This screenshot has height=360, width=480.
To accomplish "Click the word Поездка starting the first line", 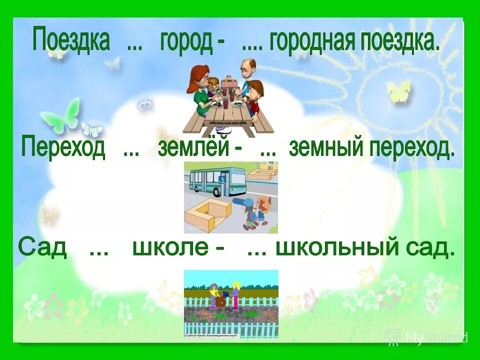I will (70, 39).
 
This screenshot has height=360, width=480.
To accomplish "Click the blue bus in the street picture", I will (215, 180).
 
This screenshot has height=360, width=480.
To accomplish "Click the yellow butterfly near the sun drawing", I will (398, 91).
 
